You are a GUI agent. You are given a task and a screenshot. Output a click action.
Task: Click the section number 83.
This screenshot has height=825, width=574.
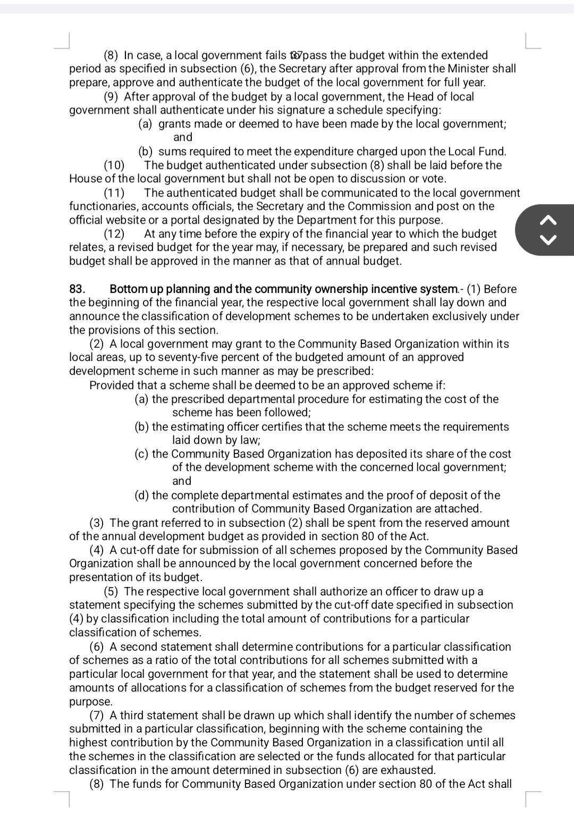pyautogui.click(x=77, y=289)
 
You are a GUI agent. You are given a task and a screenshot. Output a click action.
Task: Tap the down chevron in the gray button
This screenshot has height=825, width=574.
pyautogui.click(x=550, y=240)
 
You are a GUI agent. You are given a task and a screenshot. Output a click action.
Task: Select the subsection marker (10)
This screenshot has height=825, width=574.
pyautogui.click(x=114, y=165)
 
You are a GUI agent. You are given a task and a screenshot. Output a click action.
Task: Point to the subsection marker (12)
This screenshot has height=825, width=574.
pyautogui.click(x=114, y=234)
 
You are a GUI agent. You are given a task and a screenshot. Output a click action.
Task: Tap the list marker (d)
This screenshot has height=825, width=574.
pyautogui.click(x=142, y=495)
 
